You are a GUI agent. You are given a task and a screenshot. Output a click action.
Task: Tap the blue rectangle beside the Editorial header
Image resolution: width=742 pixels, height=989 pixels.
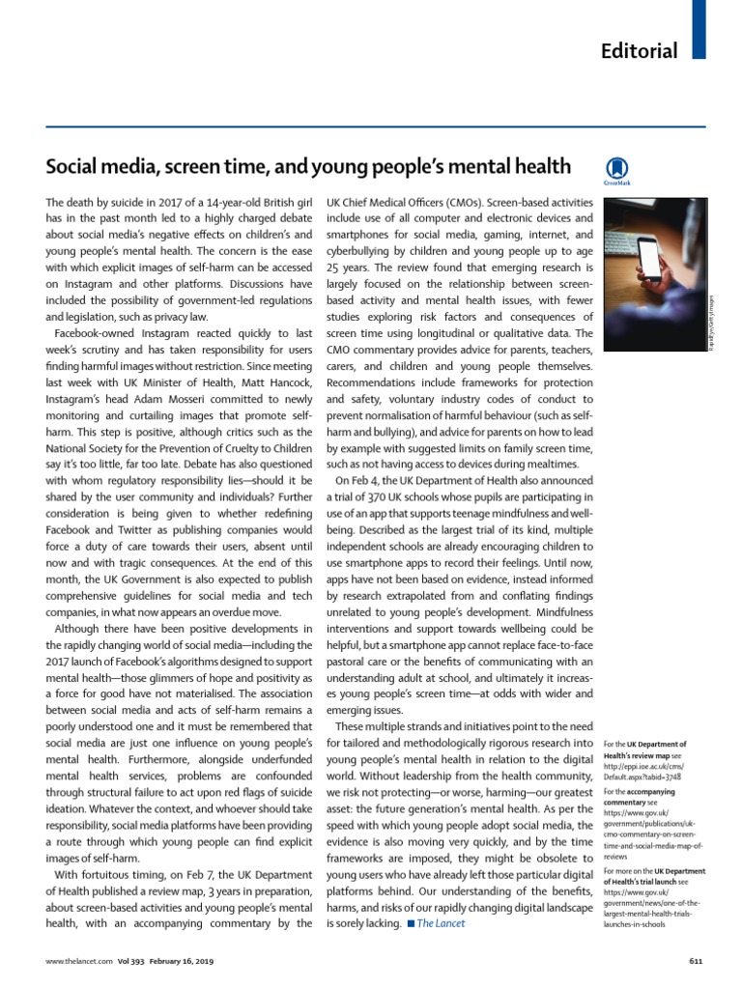coord(700,29)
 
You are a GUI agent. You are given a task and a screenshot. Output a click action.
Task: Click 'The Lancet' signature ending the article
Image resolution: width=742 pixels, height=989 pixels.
coord(441,923)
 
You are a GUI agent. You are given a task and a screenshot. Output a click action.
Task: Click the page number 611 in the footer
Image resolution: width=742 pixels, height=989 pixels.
coord(694,961)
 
